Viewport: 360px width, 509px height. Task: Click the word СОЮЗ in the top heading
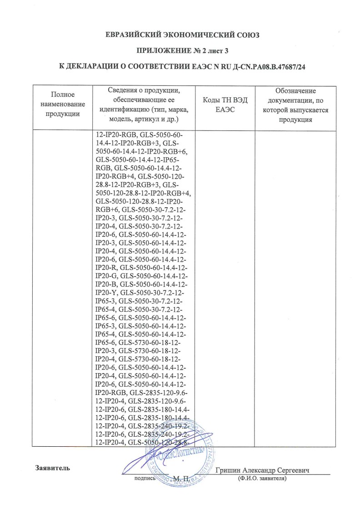[246, 35]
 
